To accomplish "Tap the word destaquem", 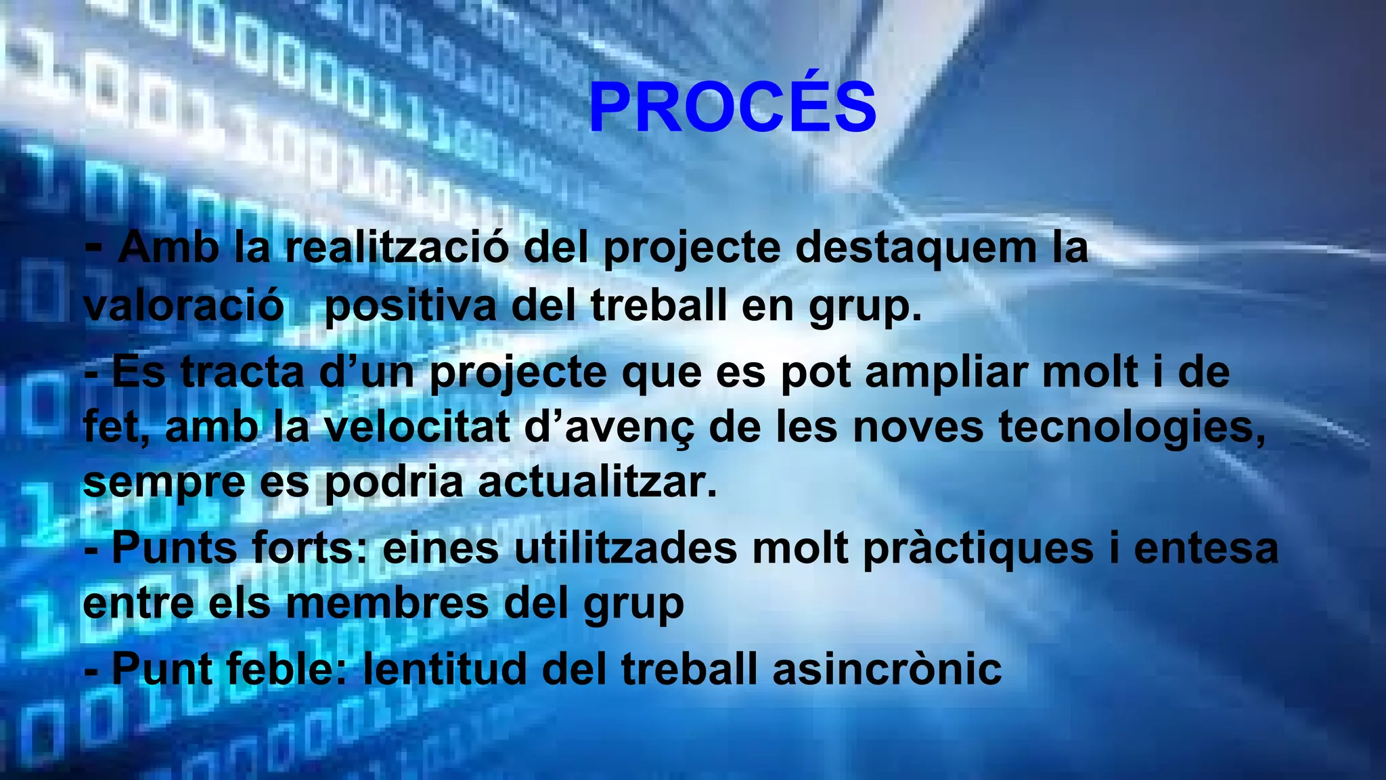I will tap(916, 248).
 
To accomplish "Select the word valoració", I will tap(183, 306).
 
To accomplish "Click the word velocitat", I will tap(416, 428).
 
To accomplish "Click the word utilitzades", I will tap(625, 548).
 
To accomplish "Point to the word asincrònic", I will tap(887, 669).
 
